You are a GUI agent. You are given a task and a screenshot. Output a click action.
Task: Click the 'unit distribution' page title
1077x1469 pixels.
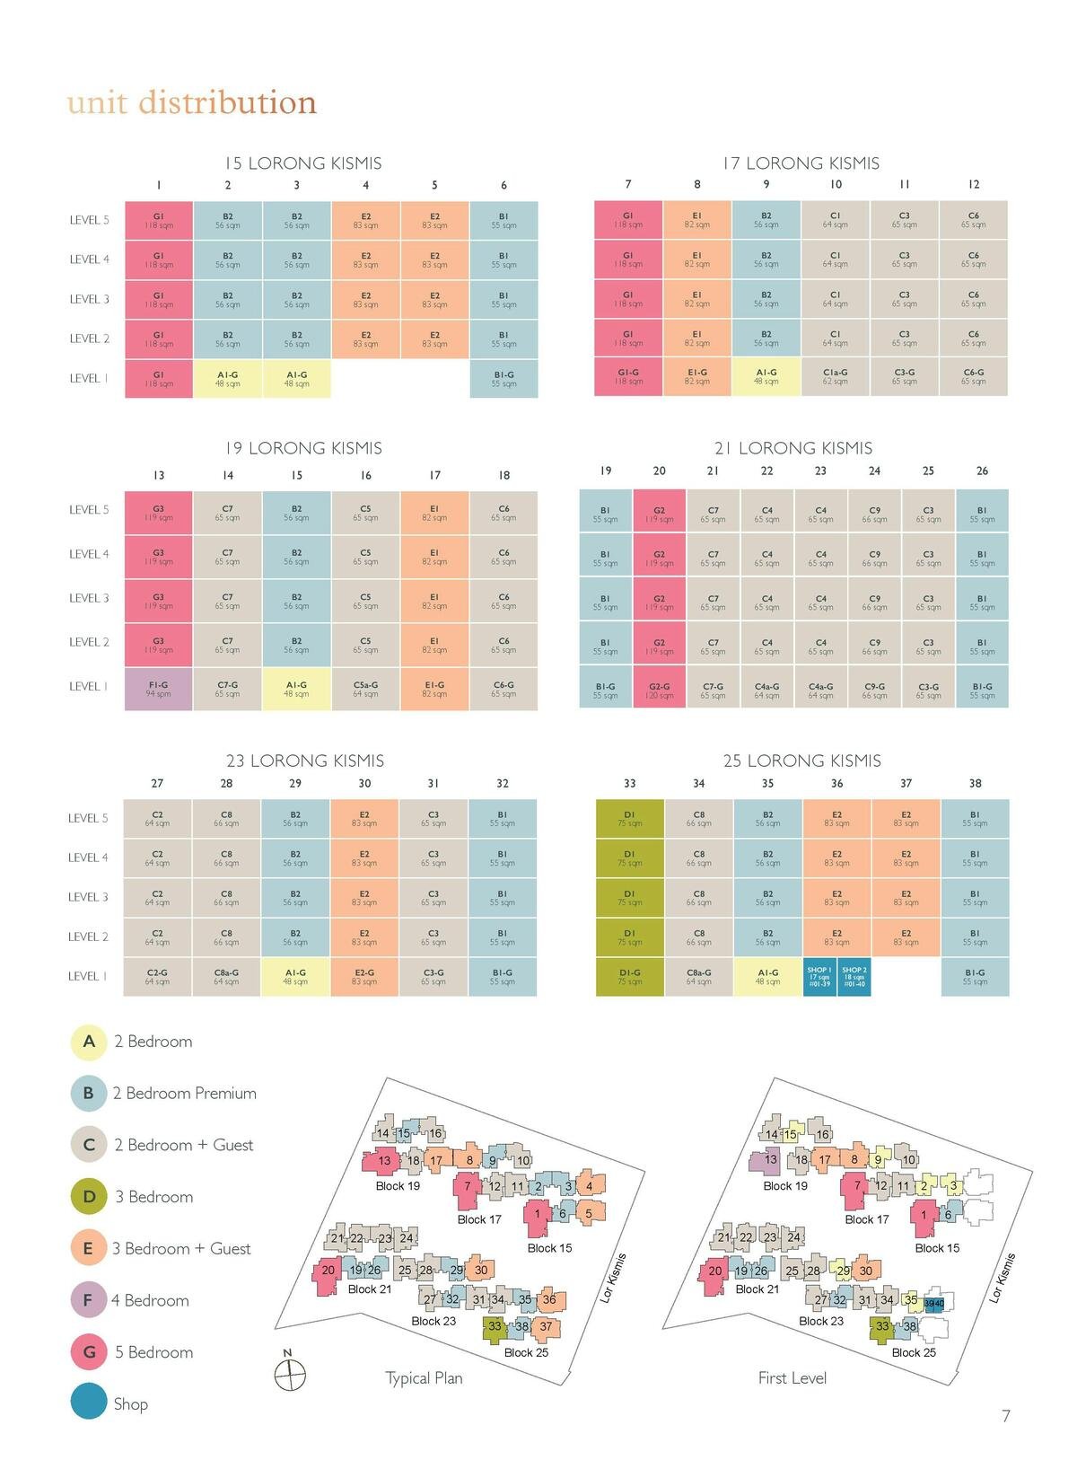pyautogui.click(x=191, y=102)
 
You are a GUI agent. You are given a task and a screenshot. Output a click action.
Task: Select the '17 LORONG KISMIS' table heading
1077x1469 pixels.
pyautogui.click(x=801, y=163)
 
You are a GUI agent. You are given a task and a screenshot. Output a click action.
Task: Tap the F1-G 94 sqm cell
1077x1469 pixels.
pyautogui.click(x=159, y=689)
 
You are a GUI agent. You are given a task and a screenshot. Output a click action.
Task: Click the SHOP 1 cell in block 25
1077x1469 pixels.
pyautogui.click(x=819, y=977)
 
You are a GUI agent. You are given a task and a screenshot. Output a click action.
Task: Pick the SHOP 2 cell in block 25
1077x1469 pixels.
pyautogui.click(x=854, y=977)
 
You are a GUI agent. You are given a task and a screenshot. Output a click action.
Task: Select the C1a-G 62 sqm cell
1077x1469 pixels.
pyautogui.click(x=835, y=376)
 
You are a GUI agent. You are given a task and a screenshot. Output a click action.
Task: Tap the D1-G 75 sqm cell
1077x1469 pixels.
pyautogui.click(x=629, y=977)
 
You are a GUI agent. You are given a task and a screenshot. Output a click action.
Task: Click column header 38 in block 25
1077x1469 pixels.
pyautogui.click(x=975, y=783)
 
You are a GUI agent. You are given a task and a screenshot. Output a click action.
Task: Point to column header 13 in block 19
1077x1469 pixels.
pyautogui.click(x=159, y=475)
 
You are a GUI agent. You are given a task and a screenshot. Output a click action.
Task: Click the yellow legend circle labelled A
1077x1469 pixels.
pyautogui.click(x=89, y=1042)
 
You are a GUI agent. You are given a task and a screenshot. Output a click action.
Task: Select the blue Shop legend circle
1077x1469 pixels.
pyautogui.click(x=89, y=1403)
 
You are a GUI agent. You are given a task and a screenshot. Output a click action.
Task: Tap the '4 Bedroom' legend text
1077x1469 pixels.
pyautogui.click(x=150, y=1300)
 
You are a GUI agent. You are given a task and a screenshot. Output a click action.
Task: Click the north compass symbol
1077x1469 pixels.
pyautogui.click(x=289, y=1373)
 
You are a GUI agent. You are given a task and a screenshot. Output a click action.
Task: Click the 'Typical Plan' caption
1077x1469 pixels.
pyautogui.click(x=424, y=1377)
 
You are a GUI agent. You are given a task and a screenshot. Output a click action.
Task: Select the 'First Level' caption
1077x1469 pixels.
pyautogui.click(x=792, y=1377)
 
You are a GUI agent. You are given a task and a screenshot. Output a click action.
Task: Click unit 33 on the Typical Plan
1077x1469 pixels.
pyautogui.click(x=495, y=1326)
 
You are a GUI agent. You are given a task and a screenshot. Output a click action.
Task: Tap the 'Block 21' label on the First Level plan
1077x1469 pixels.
pyautogui.click(x=757, y=1289)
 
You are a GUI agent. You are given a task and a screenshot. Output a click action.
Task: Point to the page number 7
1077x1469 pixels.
pyautogui.click(x=1005, y=1416)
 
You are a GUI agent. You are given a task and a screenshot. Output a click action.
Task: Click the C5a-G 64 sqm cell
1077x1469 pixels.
pyautogui.click(x=365, y=689)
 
